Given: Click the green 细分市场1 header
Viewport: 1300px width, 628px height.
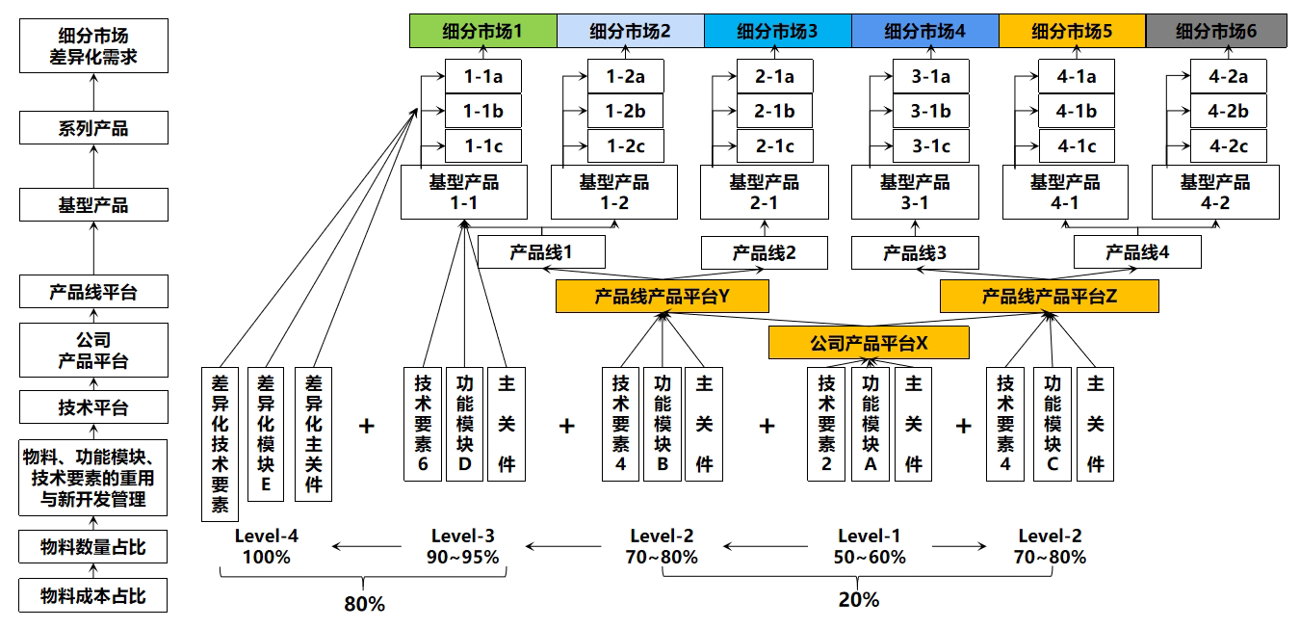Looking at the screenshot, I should click(x=482, y=31).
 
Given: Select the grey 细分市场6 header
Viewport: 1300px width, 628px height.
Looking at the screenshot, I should click(x=1216, y=31).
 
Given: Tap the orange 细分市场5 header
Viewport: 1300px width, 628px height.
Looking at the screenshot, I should click(x=1072, y=31).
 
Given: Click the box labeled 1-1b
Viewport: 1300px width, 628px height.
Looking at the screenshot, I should click(x=482, y=111).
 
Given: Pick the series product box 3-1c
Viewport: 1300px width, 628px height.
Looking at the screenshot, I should click(x=930, y=146).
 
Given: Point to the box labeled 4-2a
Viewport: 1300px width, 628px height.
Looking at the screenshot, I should click(x=1228, y=76).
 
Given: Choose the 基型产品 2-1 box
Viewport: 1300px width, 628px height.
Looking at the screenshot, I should click(x=765, y=192).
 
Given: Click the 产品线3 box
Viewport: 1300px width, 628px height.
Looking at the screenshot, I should click(x=915, y=253).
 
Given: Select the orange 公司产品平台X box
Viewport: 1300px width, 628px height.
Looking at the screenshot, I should click(x=869, y=343).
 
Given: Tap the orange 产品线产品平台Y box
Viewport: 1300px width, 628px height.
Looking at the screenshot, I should click(x=662, y=297).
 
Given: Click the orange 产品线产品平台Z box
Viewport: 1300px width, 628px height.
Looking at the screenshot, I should click(x=1049, y=297).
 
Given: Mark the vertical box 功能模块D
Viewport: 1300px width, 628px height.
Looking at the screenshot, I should click(x=465, y=423).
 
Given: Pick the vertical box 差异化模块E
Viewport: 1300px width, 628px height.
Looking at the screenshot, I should click(x=266, y=433).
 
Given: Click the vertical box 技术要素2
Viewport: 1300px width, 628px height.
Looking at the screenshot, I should click(x=826, y=423).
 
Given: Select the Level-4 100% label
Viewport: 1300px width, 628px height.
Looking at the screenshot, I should click(x=266, y=546).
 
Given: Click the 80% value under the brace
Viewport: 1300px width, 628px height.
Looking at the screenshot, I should click(x=364, y=604).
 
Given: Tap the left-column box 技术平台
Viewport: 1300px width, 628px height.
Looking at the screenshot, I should click(x=93, y=407).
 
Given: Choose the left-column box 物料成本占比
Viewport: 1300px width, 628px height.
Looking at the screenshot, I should click(x=93, y=596).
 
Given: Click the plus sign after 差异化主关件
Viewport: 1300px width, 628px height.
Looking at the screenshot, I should click(x=367, y=426).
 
